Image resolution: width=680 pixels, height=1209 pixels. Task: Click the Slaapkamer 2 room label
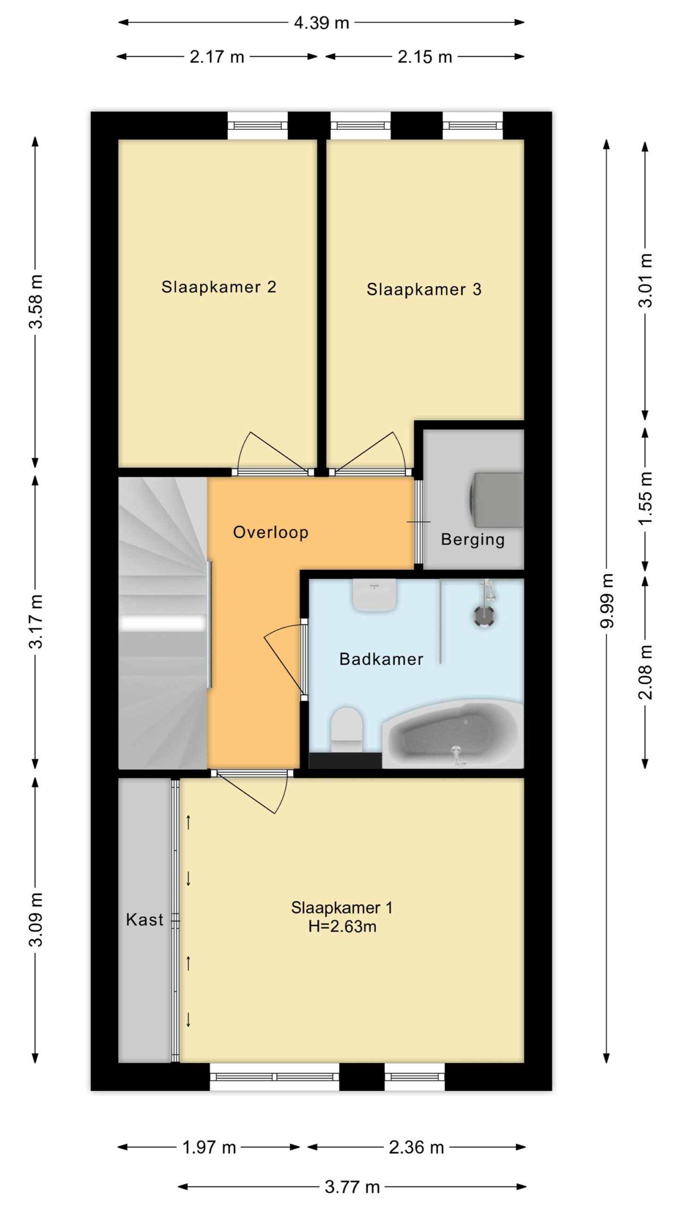coord(219,287)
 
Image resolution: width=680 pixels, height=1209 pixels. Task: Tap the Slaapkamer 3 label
coord(424,289)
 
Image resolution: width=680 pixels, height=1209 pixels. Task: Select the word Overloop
coord(271,533)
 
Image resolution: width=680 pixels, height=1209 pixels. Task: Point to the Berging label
coord(473,540)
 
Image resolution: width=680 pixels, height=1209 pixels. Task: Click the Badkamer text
coord(381,659)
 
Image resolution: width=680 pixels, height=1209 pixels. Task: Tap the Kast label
coord(144,920)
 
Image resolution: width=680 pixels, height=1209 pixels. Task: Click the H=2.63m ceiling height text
coord(342,927)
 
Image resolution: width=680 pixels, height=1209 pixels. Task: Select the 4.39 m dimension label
coord(321,23)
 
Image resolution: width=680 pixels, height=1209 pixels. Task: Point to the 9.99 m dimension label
coord(607,600)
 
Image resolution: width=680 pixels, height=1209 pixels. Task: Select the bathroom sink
coord(374,595)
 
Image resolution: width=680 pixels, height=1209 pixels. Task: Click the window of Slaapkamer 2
coord(258,125)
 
